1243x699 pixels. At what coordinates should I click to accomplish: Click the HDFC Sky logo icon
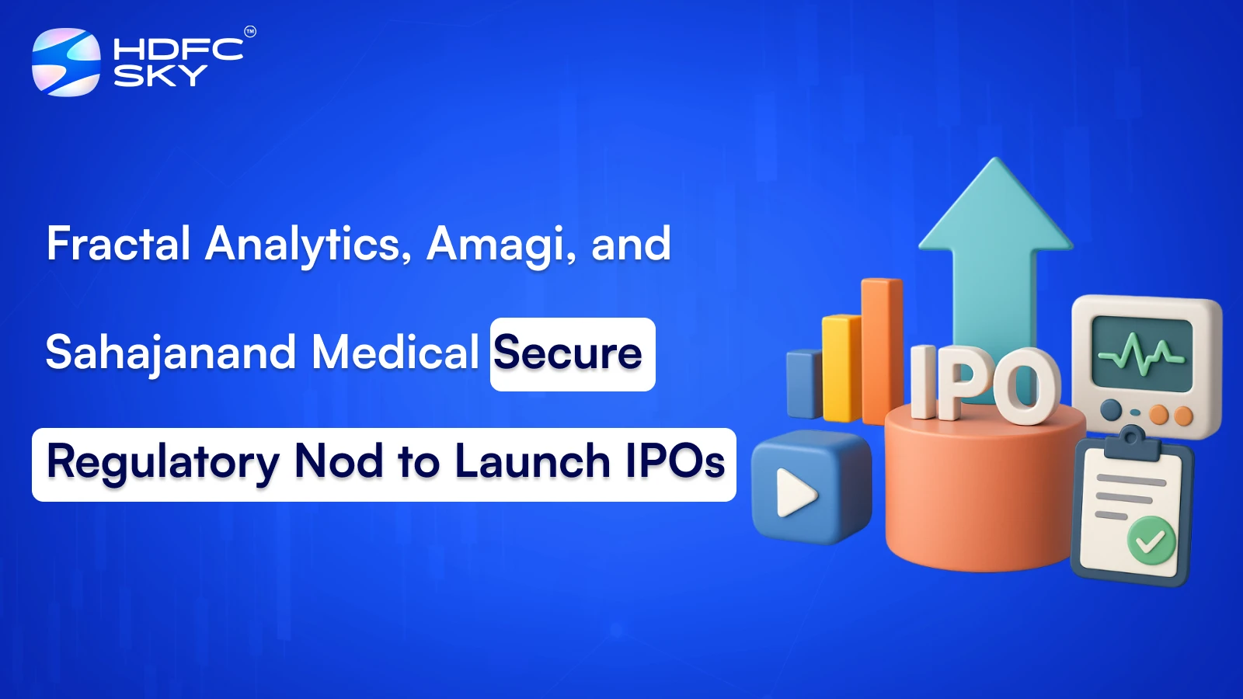pos(66,62)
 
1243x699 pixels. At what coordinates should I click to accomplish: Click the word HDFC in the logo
pos(178,50)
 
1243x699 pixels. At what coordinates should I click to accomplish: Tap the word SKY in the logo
pos(160,76)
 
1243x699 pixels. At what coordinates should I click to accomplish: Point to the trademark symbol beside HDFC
pos(250,32)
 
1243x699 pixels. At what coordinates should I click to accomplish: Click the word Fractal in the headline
pos(118,244)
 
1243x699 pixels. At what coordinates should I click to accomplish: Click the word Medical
pos(395,353)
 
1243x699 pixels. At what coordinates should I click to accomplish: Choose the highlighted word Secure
pos(568,353)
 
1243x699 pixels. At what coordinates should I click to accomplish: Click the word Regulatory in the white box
pos(162,462)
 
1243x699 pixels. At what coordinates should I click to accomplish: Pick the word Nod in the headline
pos(339,461)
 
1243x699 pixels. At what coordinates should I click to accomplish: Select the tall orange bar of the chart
pos(881,349)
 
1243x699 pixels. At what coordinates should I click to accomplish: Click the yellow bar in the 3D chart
pos(841,368)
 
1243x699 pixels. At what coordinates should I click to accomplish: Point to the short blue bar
pos(804,384)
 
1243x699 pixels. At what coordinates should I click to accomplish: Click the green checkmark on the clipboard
pos(1151,541)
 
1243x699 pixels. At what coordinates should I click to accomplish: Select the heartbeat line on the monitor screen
pos(1140,353)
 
